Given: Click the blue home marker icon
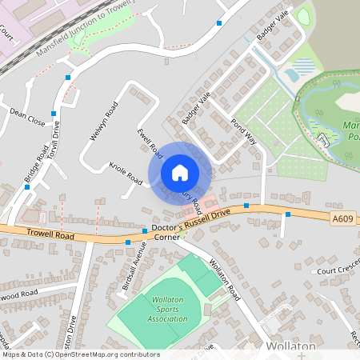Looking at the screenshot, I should pyautogui.click(x=180, y=173).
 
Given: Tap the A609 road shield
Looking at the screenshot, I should pyautogui.click(x=342, y=218).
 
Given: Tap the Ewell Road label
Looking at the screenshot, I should pyautogui.click(x=150, y=142).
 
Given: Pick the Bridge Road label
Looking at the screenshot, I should pyautogui.click(x=35, y=163).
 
